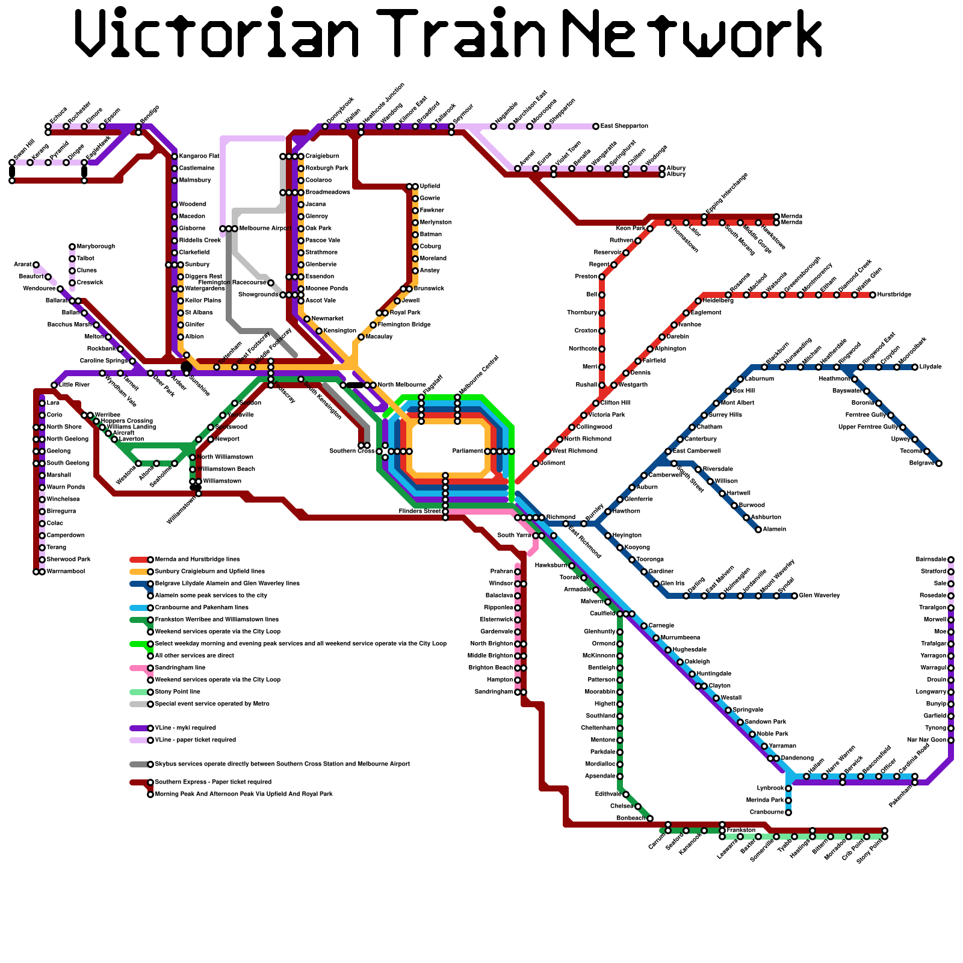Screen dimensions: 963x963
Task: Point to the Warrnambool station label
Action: click(x=65, y=572)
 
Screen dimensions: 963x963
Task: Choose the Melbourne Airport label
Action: click(x=265, y=229)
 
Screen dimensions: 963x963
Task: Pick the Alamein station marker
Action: click(x=758, y=530)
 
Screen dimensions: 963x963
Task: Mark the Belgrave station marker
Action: click(x=939, y=463)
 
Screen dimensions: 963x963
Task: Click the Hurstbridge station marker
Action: click(x=873, y=295)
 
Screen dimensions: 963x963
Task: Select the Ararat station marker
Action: click(x=36, y=265)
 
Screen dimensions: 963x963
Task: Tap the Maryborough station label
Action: click(x=96, y=247)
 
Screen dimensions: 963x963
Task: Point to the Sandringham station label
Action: click(x=494, y=692)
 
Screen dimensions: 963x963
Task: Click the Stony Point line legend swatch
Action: click(x=139, y=692)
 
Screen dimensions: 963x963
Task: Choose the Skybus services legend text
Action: click(x=282, y=764)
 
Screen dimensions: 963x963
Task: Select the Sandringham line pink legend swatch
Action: click(x=139, y=668)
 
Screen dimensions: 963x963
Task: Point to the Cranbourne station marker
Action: click(x=788, y=813)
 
